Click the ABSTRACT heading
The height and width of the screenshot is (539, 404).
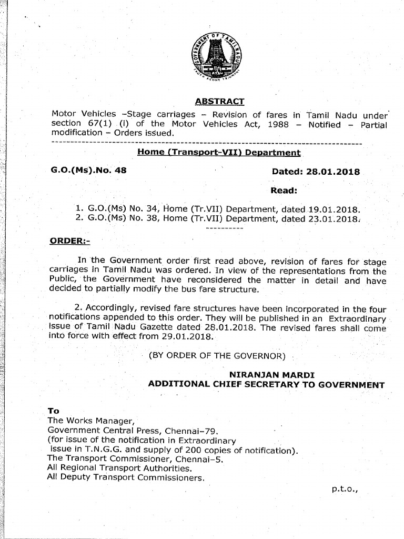tap(219, 102)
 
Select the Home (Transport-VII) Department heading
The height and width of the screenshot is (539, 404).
tap(219, 153)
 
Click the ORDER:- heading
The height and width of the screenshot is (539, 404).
tap(70, 241)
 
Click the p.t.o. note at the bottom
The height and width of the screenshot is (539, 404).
tap(345, 488)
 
